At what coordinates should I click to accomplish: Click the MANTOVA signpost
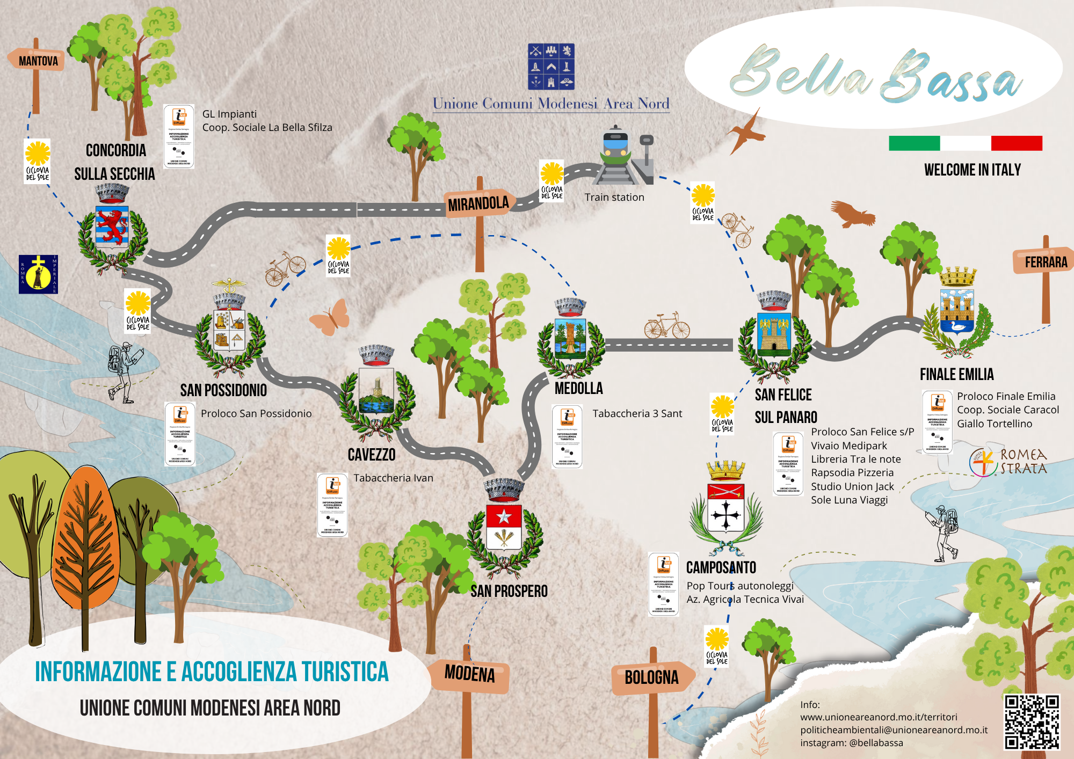coord(37,61)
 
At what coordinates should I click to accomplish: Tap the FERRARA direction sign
coord(1044,262)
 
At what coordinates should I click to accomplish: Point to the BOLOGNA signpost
coord(651,678)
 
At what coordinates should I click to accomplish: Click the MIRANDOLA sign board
coord(478,204)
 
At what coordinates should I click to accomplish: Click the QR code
coord(1032,721)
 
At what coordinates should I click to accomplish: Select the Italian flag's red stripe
coord(1017,143)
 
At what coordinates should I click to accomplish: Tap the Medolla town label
coord(578,388)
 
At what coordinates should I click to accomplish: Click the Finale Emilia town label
coord(956,375)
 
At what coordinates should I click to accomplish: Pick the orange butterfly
coord(330,318)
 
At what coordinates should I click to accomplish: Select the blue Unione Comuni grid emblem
coord(551,67)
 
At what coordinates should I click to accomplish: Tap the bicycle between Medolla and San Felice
coord(666,325)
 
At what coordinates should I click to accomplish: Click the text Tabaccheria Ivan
coord(393,478)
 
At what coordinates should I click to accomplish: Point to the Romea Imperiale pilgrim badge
coord(38,274)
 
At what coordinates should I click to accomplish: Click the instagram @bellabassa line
coord(851,743)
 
